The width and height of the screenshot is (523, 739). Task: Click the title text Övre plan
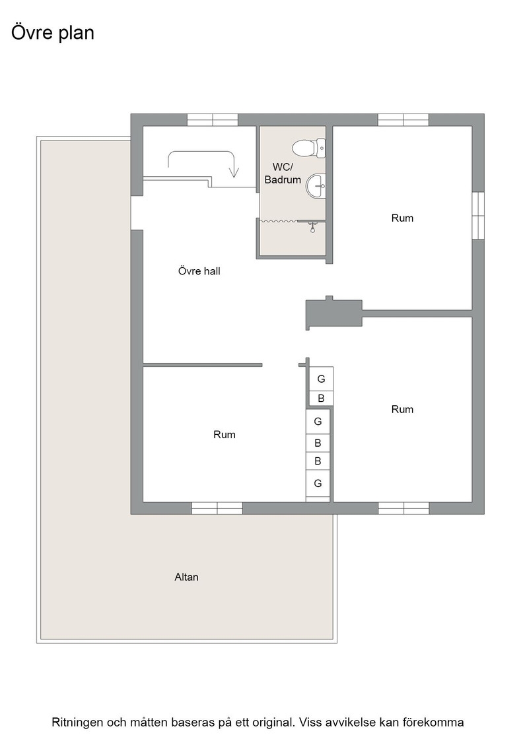click(53, 33)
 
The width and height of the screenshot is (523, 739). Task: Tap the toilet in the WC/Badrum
click(309, 148)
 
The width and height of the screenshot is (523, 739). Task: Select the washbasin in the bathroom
click(316, 186)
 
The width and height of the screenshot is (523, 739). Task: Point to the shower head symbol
click(312, 228)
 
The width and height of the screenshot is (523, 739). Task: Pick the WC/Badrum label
click(283, 173)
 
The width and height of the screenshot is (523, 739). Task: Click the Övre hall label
click(199, 271)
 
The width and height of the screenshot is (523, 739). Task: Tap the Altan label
click(186, 577)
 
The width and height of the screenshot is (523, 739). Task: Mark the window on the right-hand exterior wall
click(478, 215)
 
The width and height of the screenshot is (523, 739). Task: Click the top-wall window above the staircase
click(213, 120)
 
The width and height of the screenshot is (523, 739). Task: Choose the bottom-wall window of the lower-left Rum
click(217, 508)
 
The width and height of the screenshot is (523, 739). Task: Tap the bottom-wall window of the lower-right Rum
click(403, 508)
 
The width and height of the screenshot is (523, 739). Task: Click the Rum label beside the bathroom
click(402, 218)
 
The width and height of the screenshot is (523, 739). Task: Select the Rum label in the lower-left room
click(225, 435)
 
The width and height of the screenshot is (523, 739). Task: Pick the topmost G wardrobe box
click(321, 379)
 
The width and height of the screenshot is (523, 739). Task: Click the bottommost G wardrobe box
click(318, 483)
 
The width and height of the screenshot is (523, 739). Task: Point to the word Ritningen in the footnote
click(79, 723)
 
